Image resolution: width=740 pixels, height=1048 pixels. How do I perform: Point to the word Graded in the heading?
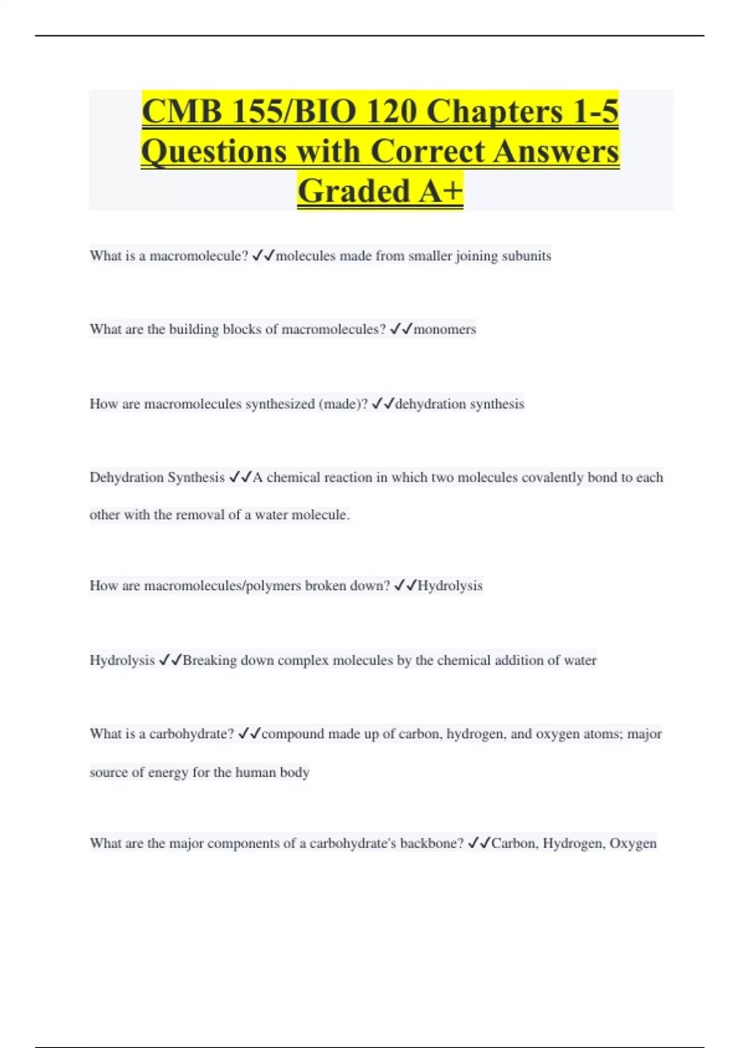pos(353,190)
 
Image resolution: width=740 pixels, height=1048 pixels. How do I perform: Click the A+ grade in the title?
pos(440,190)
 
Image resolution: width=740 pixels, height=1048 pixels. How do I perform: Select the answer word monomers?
pos(445,329)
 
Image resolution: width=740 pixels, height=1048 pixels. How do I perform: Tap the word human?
pos(255,772)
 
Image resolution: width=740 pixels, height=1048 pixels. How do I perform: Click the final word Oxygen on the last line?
pos(633,843)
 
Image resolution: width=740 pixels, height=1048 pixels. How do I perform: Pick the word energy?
pos(168,772)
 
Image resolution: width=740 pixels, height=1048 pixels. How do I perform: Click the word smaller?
pos(430,256)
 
